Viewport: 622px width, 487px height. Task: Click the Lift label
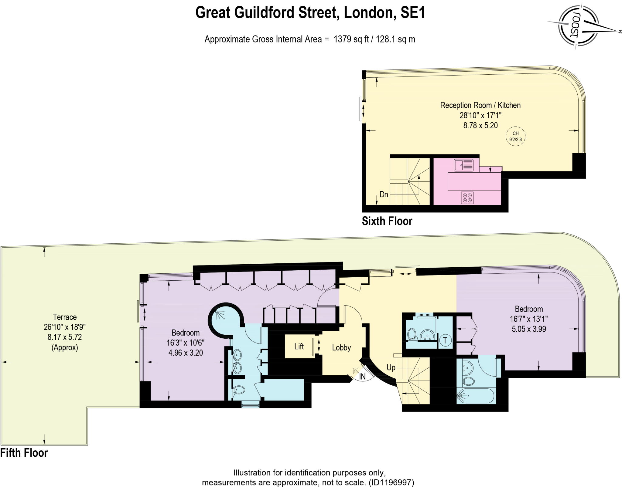tap(299, 347)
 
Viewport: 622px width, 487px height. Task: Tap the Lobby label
tap(341, 348)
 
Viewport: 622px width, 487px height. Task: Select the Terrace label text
tap(65, 317)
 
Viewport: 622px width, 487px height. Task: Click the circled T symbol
tap(445, 340)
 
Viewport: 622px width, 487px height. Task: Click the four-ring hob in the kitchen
tap(467, 198)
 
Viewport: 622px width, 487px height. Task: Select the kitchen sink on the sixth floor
tap(463, 165)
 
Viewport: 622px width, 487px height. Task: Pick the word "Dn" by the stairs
tap(384, 194)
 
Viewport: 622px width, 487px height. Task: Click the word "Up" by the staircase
tap(391, 368)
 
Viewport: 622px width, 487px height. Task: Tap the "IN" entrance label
tap(362, 377)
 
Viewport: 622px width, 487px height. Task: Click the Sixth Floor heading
tap(387, 221)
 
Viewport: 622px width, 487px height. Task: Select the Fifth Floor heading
tap(24, 453)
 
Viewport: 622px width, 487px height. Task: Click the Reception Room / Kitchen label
tap(480, 105)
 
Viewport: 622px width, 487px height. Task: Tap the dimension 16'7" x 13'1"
tap(529, 319)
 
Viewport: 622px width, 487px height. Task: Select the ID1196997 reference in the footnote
tap(391, 482)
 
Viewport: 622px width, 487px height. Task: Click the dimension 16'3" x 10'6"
tap(185, 343)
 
